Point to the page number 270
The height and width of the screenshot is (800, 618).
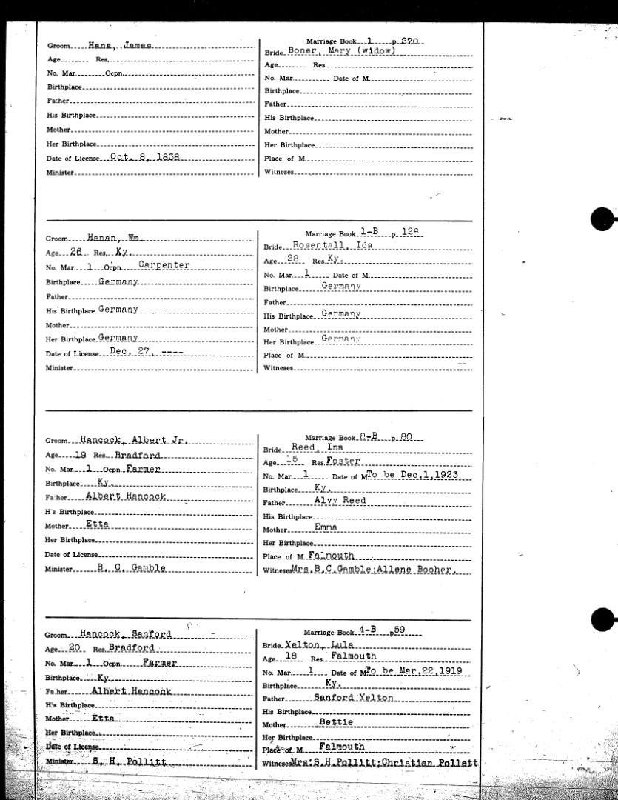click(x=410, y=42)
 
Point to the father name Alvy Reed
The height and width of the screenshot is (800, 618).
click(x=340, y=501)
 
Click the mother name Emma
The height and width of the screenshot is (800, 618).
click(x=325, y=527)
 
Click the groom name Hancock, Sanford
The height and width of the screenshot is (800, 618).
click(x=129, y=634)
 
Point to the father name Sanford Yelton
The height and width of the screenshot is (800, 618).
click(x=355, y=697)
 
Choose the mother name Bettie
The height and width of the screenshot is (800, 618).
click(x=336, y=722)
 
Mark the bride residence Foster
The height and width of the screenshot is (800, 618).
click(x=345, y=461)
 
